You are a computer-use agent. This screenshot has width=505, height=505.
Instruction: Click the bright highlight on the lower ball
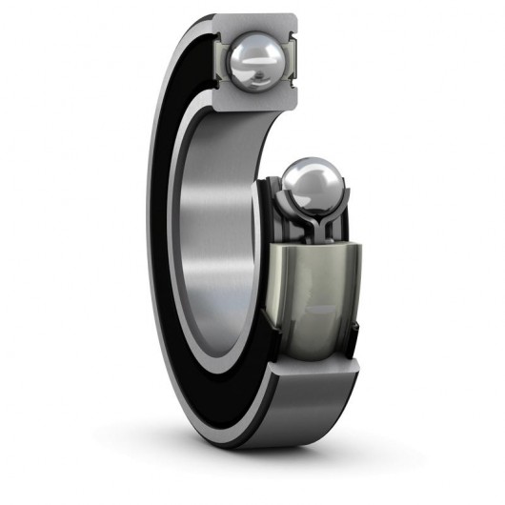303,176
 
